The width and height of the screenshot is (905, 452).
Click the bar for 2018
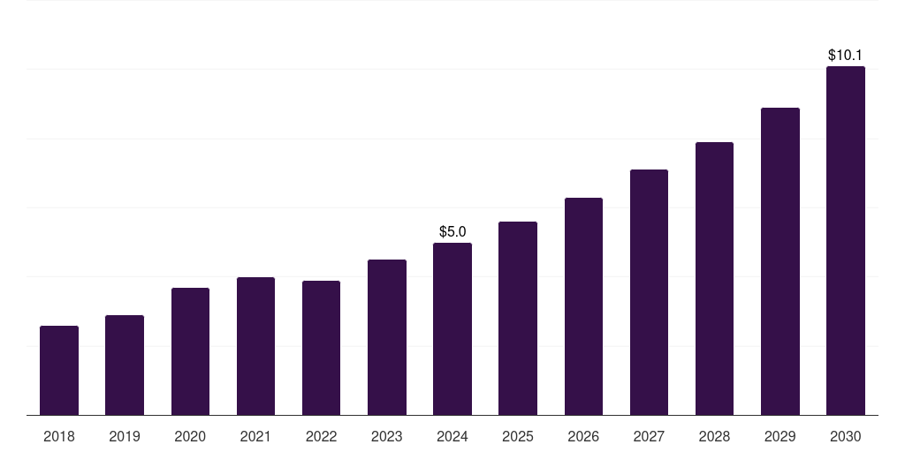click(59, 371)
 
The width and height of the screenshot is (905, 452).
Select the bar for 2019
click(125, 365)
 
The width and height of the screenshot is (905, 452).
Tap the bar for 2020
click(190, 351)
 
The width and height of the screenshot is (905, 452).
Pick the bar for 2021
click(255, 346)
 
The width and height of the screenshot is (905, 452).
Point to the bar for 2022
click(321, 348)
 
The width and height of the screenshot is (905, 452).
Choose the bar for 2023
click(387, 337)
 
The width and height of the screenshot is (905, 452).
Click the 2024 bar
click(452, 329)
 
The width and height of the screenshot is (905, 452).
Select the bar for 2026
click(583, 306)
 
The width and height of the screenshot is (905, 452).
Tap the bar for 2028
click(714, 278)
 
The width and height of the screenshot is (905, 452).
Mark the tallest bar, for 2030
click(845, 241)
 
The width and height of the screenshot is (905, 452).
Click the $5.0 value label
click(452, 232)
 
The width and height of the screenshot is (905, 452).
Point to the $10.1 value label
click(845, 55)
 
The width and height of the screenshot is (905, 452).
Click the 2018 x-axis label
click(59, 436)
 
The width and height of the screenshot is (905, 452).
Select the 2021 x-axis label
click(255, 436)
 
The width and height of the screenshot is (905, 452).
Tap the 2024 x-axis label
click(452, 436)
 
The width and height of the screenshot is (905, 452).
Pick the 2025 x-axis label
click(518, 436)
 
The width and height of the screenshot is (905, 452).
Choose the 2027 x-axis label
click(649, 436)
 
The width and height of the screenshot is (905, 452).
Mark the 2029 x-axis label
click(780, 436)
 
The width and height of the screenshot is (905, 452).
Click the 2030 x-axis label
click(845, 436)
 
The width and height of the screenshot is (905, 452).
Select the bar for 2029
click(780, 261)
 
